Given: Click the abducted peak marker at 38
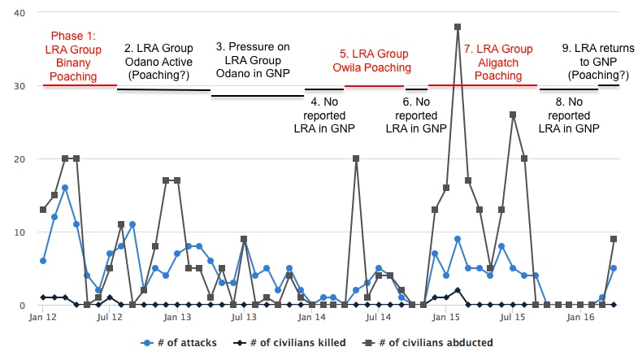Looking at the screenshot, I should [458, 27].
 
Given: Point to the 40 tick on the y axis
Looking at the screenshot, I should [18, 13].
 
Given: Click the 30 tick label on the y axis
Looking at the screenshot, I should [18, 86].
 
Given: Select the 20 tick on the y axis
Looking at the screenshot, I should [18, 159].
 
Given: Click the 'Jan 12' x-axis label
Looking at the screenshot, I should [43, 319].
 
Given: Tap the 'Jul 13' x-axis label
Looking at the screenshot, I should [244, 319].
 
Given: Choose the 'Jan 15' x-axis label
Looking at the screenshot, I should [446, 319].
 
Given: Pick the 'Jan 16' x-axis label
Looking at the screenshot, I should [580, 319].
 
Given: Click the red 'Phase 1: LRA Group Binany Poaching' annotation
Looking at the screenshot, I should [73, 56].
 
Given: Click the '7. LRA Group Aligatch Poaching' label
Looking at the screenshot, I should [498, 62].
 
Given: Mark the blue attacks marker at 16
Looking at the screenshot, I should [65, 188].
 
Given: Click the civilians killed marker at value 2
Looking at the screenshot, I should [458, 290].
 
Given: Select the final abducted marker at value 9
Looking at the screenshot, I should [614, 239].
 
